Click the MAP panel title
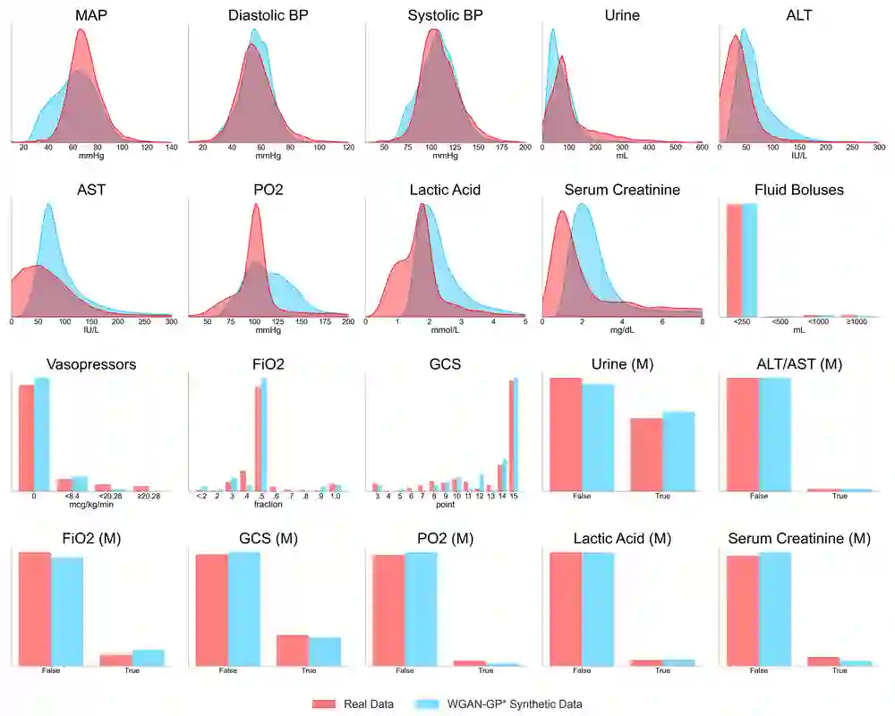81,15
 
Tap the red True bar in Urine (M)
646,454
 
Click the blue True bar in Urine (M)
678,451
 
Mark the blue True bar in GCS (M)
325,651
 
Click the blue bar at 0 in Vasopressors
41,434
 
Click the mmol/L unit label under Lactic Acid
445,329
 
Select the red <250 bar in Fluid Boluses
734,260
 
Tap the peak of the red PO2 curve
255,205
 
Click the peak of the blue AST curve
48,205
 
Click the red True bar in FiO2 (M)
115,660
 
